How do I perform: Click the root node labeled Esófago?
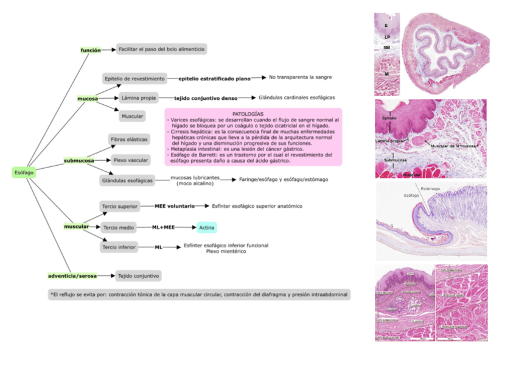point(24,172)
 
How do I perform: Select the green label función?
point(91,50)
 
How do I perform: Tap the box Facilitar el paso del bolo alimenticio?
point(162,48)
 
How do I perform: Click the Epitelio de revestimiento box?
point(134,79)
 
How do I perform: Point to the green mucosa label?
point(88,98)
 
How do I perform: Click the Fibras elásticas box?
point(129,140)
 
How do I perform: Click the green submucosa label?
point(79,161)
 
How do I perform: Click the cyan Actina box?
point(206,227)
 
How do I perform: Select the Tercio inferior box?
point(119,247)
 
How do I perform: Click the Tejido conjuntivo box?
point(138,276)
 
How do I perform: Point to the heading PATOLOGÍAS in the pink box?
point(248,114)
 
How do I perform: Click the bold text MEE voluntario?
point(175,207)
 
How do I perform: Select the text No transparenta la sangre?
point(301,77)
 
